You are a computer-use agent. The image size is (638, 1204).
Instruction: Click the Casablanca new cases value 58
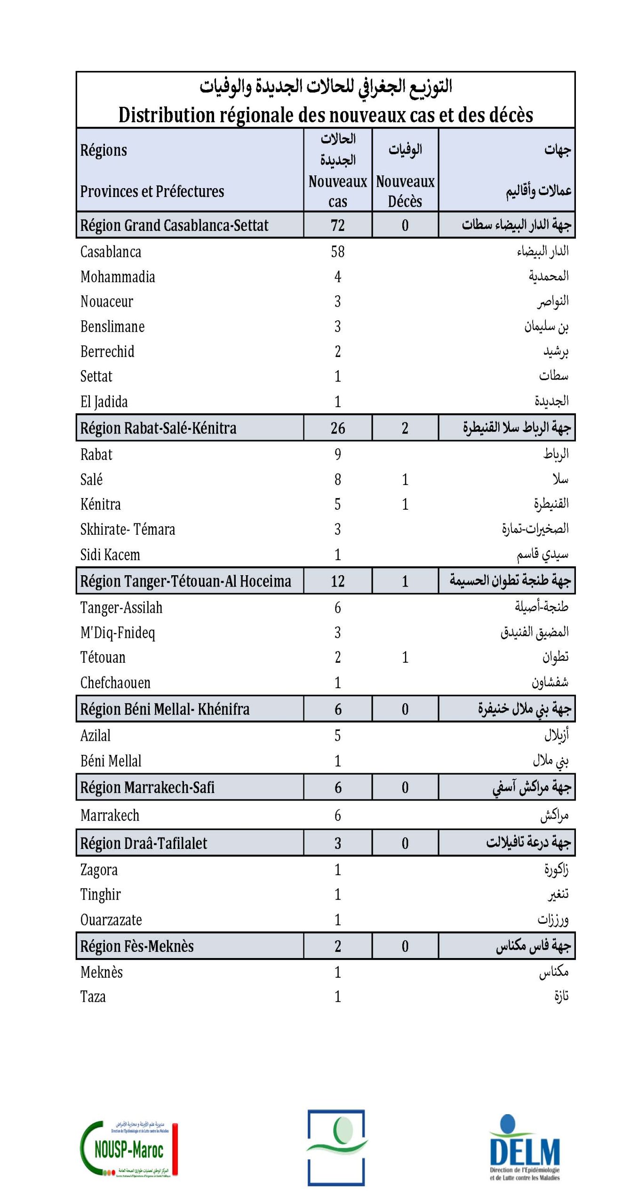337,252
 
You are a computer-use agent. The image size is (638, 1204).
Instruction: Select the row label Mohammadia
118,277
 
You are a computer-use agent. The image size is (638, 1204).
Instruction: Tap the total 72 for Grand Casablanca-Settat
337,225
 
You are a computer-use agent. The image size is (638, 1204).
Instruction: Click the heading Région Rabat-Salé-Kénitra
158,428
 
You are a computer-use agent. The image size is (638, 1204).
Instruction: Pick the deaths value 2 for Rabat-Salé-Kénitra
405,428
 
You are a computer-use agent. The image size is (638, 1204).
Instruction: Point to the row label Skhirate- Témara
128,530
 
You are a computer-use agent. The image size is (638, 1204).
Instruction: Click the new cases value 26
337,428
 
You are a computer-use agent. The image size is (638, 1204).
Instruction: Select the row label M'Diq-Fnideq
118,633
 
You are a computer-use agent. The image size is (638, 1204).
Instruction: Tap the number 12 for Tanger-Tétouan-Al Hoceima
337,581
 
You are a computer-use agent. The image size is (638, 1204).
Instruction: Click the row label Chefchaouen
115,682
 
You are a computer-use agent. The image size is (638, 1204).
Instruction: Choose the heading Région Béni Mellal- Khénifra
165,709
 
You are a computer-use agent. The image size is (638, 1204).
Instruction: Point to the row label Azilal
96,736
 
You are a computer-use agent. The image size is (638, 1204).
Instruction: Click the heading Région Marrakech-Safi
147,787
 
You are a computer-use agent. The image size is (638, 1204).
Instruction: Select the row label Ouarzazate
111,919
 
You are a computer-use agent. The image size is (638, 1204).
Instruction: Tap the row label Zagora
99,870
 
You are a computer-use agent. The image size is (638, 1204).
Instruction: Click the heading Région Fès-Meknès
137,946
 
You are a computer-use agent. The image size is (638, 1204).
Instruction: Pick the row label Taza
93,997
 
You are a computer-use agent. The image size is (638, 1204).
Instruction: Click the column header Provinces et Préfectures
152,191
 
